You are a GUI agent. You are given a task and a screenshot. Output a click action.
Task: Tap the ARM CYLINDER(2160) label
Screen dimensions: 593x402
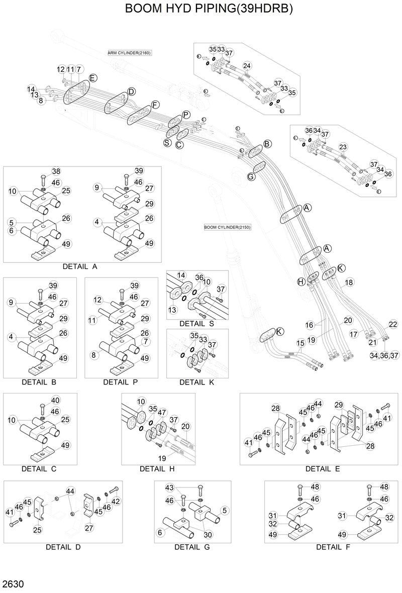coord(129,53)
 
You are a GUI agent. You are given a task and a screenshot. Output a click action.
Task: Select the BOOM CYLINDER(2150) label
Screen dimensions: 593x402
coord(227,227)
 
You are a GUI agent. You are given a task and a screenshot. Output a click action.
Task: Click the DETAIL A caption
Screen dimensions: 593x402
coord(80,266)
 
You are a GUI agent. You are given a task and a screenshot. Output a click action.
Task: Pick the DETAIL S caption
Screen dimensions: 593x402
coord(196,323)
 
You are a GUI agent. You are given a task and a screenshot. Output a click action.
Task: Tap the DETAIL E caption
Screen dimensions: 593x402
coord(323,469)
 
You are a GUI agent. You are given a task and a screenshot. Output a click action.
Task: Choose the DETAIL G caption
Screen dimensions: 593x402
coord(192,547)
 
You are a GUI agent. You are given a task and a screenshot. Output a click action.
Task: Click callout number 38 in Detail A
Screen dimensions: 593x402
coord(56,171)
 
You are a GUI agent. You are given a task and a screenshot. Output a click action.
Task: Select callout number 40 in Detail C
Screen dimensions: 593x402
coord(55,400)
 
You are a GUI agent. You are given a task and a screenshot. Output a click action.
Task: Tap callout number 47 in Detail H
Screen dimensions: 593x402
coord(161,412)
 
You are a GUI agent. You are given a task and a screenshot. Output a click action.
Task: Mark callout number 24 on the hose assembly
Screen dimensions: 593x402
coord(247,66)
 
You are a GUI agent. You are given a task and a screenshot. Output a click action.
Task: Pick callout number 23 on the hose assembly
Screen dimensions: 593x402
coord(343,147)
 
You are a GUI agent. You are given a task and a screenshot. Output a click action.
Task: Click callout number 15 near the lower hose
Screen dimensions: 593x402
coord(300,343)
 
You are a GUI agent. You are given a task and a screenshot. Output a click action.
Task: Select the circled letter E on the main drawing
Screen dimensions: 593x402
coord(92,78)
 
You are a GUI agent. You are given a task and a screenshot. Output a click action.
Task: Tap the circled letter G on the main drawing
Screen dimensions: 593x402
coord(251,176)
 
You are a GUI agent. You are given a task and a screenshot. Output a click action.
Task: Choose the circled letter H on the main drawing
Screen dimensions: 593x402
coord(301,282)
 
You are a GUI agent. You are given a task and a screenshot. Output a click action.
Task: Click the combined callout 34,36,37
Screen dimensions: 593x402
coord(384,355)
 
